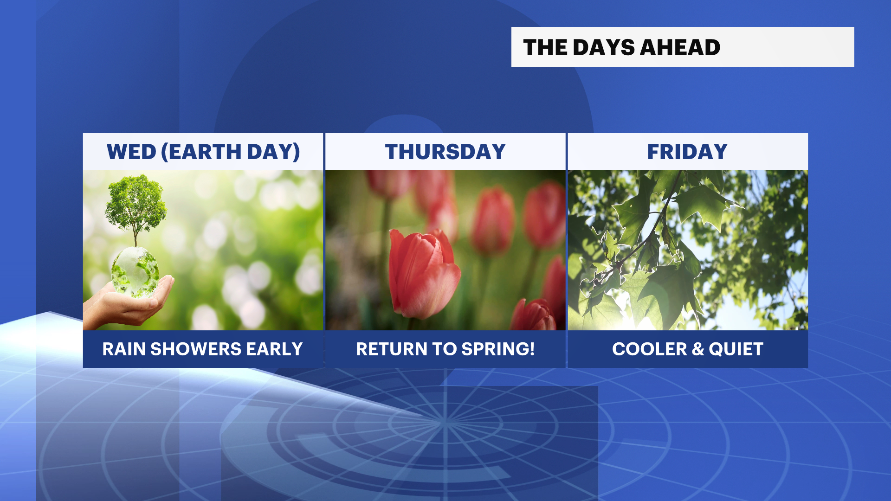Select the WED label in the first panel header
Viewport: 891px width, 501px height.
tap(131, 152)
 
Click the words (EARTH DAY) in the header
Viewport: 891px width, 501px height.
tap(231, 152)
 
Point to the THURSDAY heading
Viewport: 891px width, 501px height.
tap(445, 152)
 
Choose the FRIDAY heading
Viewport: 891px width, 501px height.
tap(687, 152)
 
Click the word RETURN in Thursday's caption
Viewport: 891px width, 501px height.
tap(391, 349)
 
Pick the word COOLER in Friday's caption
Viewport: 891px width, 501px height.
tap(649, 349)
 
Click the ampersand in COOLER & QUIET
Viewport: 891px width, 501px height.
tap(698, 349)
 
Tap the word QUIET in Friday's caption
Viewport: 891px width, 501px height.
tap(736, 349)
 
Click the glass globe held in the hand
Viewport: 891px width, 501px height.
tap(135, 272)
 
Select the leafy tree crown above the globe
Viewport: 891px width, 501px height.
tap(136, 202)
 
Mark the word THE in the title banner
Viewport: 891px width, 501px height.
tap(545, 47)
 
